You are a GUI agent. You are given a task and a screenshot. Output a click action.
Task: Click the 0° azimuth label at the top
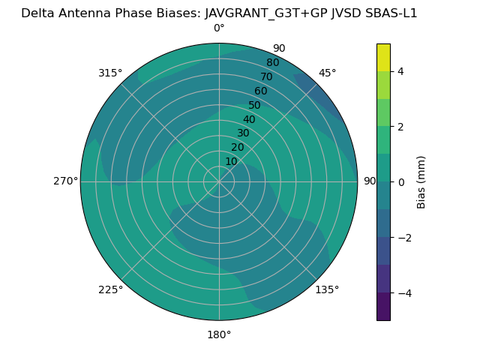(x=219, y=28)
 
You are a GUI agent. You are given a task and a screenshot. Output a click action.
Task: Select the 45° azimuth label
(x=328, y=73)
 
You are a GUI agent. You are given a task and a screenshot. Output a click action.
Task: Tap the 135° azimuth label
(x=327, y=289)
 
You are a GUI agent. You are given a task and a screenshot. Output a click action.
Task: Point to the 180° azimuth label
(x=219, y=334)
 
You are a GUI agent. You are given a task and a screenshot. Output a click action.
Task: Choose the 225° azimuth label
(x=110, y=289)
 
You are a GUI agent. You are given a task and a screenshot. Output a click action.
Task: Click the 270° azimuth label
(x=65, y=181)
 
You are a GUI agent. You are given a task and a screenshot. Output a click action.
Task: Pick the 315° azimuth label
(x=110, y=73)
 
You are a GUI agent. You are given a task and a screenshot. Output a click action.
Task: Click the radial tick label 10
(x=231, y=161)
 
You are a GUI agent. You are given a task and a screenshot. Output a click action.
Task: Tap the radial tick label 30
(x=243, y=133)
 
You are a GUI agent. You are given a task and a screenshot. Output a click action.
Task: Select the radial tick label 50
(x=255, y=106)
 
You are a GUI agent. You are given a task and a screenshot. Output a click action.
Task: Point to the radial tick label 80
(x=273, y=63)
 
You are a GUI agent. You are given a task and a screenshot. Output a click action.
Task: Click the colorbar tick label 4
(x=400, y=71)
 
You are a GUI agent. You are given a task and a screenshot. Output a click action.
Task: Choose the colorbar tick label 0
(x=400, y=182)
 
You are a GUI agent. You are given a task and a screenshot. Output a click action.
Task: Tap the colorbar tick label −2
(x=403, y=238)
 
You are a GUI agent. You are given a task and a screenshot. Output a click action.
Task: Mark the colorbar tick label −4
(x=403, y=293)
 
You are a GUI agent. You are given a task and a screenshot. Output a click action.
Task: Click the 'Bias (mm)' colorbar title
(x=421, y=182)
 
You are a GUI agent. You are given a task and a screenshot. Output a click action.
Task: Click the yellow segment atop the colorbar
(x=383, y=57)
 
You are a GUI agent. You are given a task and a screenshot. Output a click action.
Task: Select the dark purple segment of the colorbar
(x=383, y=307)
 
